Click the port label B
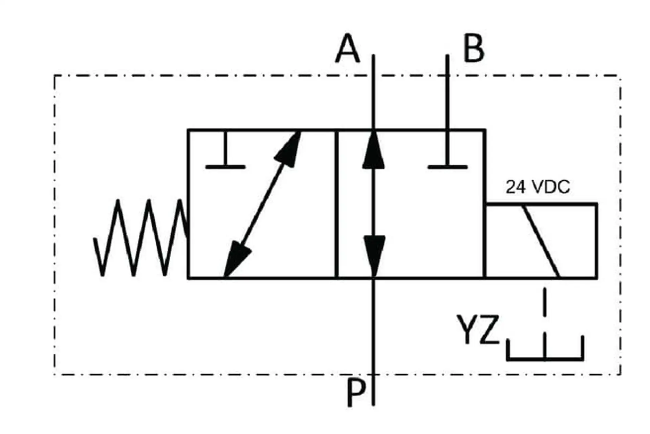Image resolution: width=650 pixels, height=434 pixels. pos(474,48)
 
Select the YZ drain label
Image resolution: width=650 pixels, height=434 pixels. pos(478,329)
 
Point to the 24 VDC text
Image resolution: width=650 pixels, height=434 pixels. pos(538,187)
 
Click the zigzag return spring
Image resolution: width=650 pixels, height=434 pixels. pos(140,238)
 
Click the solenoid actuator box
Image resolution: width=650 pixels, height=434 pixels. pos(542,241)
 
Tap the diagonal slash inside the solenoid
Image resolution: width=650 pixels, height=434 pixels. pos(541,241)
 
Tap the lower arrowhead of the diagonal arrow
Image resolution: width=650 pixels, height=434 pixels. pos(237,259)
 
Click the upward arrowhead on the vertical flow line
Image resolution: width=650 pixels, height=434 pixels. pos(373,149)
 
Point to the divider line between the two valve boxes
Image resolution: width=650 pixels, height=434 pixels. pos(337,204)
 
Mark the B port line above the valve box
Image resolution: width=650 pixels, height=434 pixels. pos(448,92)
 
